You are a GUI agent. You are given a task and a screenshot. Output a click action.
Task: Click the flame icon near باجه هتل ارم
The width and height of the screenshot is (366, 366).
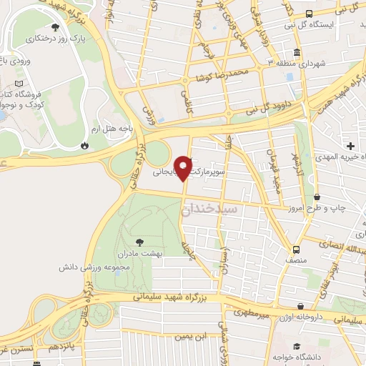click(x=85, y=144)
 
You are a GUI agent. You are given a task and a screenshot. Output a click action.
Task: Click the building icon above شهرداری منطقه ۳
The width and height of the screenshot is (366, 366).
click(x=297, y=53)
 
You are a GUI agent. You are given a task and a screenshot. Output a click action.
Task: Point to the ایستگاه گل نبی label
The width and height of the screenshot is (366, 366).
click(x=330, y=24)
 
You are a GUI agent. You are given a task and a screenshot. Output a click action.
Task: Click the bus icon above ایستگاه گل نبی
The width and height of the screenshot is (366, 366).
click(x=308, y=14)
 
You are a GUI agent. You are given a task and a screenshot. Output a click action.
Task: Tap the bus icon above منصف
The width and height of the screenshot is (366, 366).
click(x=295, y=249)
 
